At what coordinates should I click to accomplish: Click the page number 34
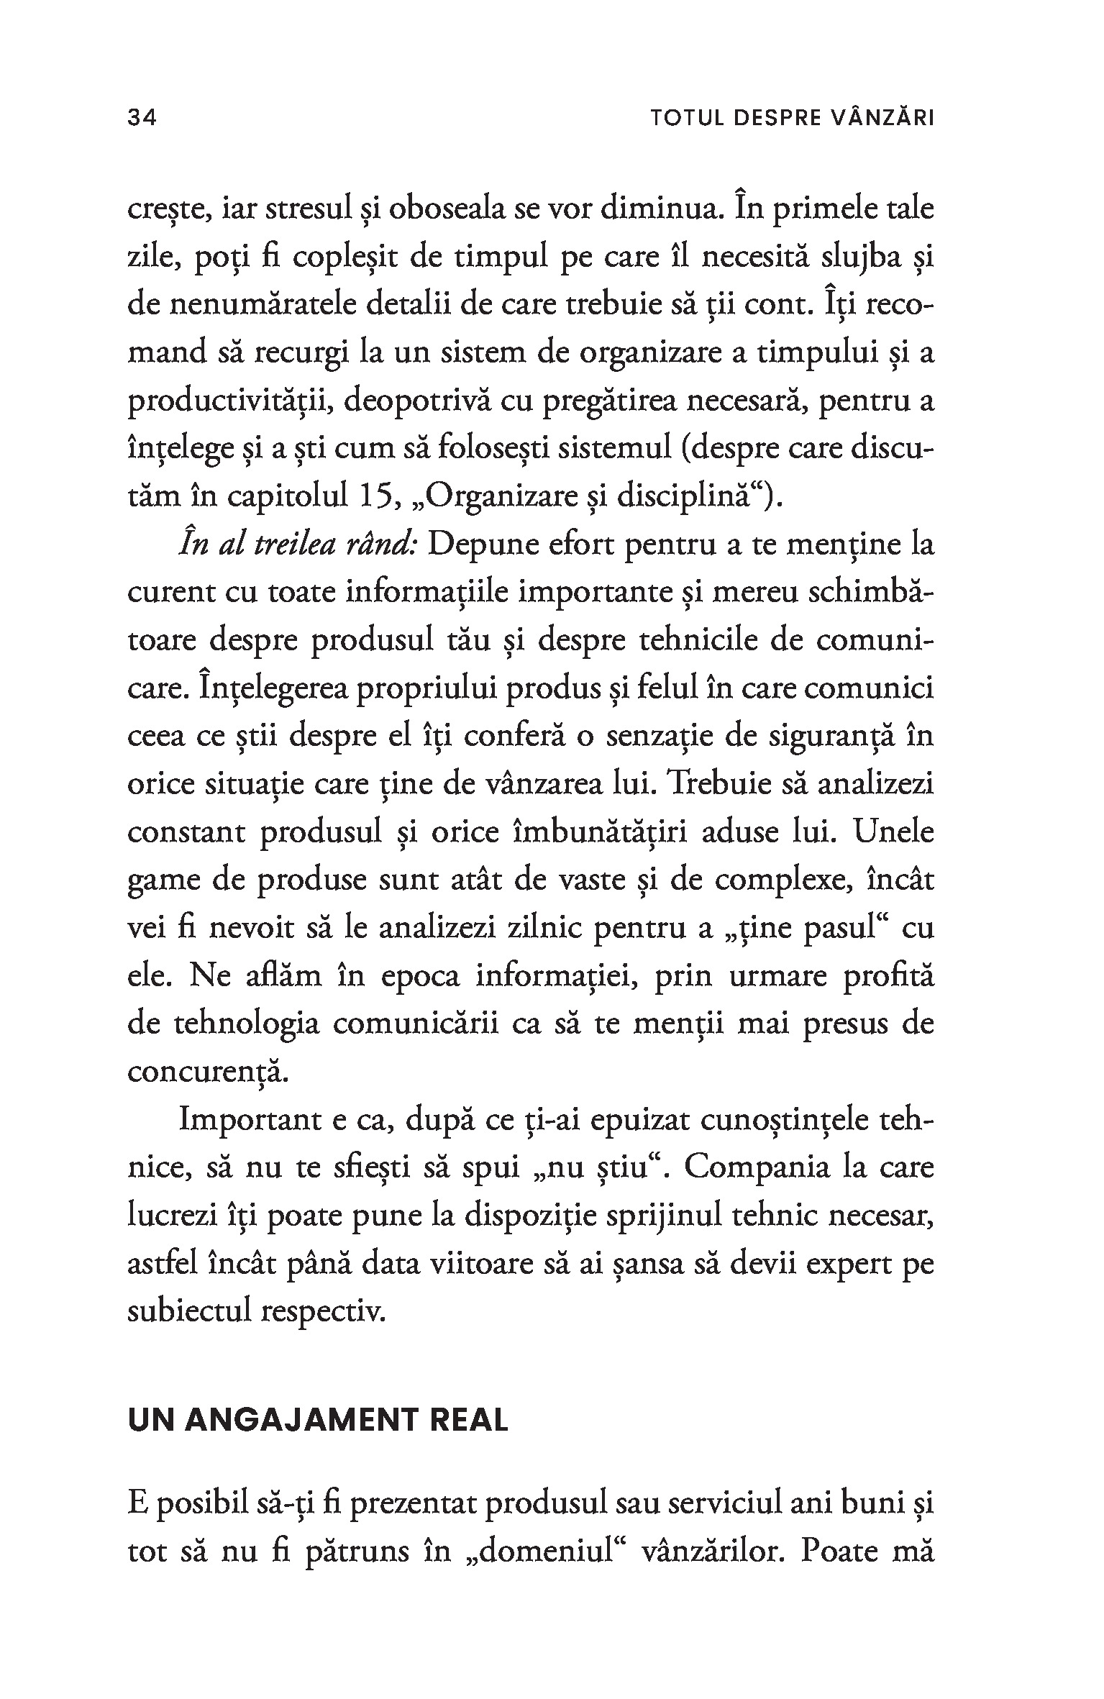click(142, 118)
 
